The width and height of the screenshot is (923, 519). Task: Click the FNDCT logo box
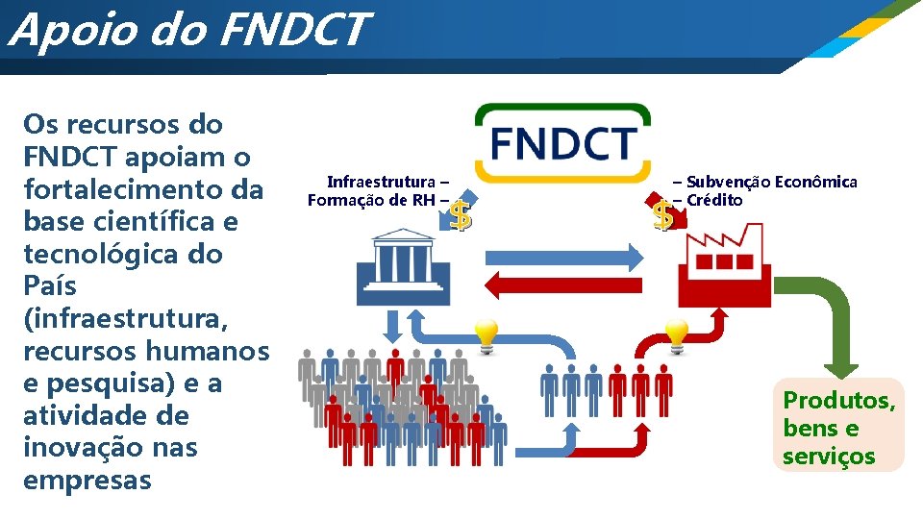point(562,143)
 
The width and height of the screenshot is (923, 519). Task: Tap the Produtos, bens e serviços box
point(838,428)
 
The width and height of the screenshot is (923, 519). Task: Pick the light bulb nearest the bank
point(485,335)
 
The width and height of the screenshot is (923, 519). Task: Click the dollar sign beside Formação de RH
point(461,216)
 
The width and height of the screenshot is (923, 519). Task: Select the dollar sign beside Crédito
point(662,216)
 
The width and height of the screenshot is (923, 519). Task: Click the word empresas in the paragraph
point(87,480)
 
